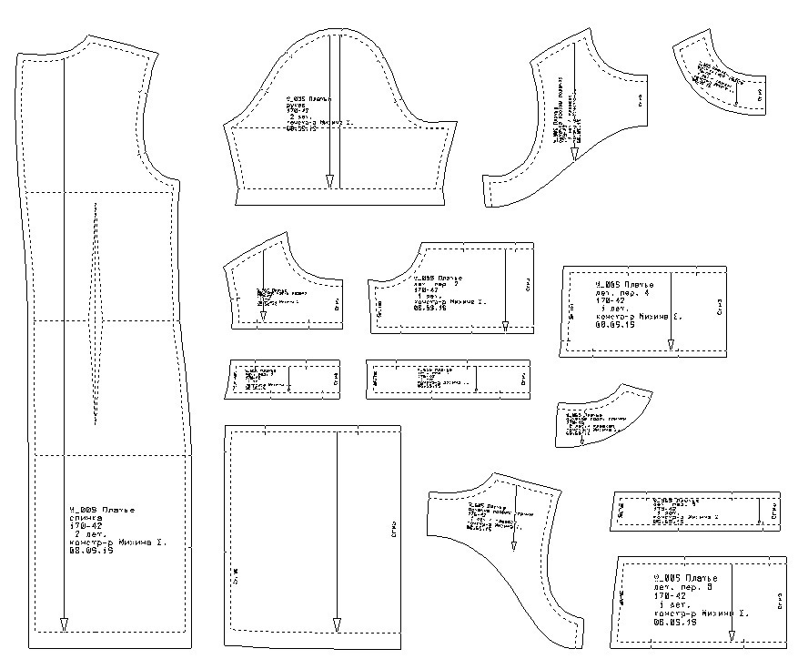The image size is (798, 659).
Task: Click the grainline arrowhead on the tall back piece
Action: (64, 624)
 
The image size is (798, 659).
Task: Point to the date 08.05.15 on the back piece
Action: (91, 552)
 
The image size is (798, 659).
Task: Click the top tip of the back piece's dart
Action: (95, 204)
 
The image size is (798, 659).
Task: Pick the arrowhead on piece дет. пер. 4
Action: (671, 344)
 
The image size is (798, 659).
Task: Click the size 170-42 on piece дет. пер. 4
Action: (608, 300)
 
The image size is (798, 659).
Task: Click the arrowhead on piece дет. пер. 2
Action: (506, 325)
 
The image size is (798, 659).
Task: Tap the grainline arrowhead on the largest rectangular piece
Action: (337, 624)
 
